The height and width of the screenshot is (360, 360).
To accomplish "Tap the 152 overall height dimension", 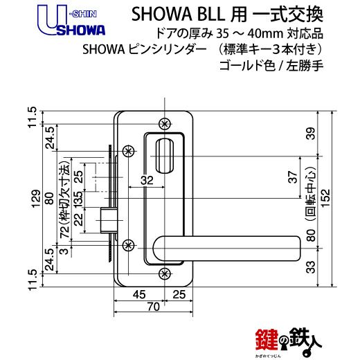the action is (325, 199).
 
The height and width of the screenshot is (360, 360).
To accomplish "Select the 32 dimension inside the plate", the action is (147, 180).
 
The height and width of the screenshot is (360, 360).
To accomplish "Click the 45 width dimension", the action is (139, 295).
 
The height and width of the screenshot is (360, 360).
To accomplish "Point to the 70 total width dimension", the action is (153, 307).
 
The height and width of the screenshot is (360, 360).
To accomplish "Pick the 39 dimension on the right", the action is (312, 134).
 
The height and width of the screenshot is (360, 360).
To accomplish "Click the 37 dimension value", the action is (293, 177).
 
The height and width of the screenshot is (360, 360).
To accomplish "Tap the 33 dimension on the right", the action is (312, 267).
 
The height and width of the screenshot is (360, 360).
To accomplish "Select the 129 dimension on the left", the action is (36, 199).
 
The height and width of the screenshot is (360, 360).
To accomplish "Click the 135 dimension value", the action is (78, 199).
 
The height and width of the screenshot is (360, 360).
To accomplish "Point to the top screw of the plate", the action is (164, 124).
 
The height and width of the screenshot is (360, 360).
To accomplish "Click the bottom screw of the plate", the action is (164, 273).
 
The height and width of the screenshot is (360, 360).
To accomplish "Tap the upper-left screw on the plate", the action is (128, 151).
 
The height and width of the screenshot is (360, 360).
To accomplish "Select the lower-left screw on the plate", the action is (128, 245).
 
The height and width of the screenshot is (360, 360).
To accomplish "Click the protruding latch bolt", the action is (108, 220).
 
